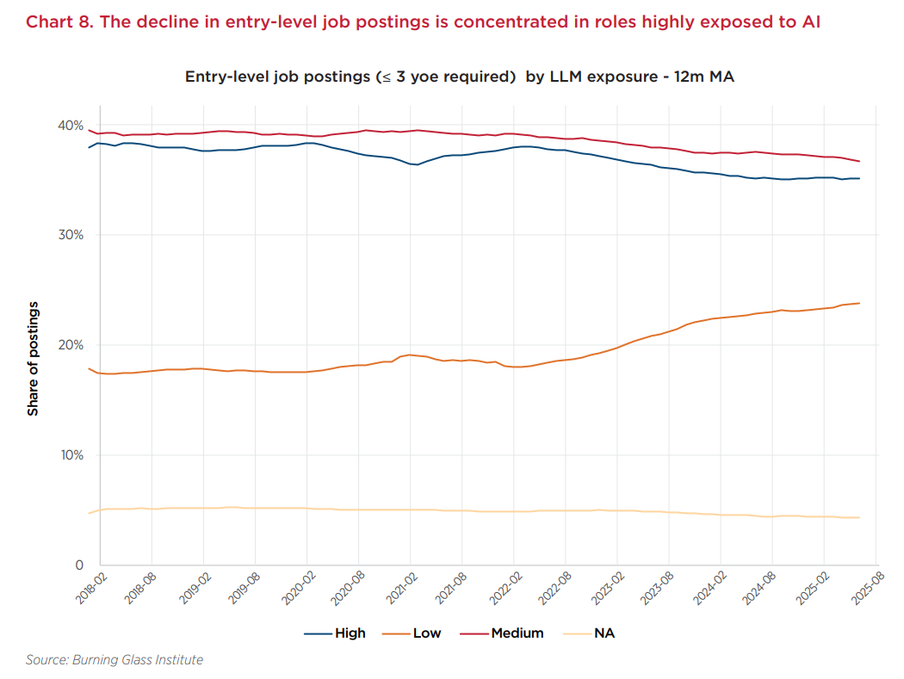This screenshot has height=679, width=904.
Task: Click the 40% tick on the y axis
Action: point(70,125)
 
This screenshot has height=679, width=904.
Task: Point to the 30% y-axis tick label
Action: point(70,235)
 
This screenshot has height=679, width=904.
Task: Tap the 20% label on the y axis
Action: point(70,345)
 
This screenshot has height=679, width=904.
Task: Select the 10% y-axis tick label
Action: point(70,455)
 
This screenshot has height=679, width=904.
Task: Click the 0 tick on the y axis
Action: point(78,565)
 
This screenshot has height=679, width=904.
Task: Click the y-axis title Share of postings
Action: point(33,359)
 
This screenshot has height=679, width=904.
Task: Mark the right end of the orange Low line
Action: point(859,303)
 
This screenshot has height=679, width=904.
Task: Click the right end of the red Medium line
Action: point(859,162)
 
